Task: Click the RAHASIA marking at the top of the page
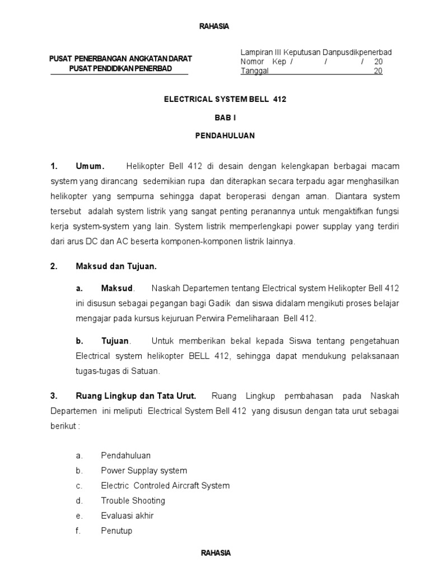click(214, 26)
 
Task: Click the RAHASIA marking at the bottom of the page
click(216, 553)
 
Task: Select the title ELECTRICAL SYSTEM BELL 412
click(225, 98)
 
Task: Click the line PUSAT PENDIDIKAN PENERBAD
click(120, 68)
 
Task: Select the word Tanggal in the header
click(255, 71)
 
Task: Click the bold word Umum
click(90, 167)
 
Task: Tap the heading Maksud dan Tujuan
click(116, 266)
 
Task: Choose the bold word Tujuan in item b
click(115, 341)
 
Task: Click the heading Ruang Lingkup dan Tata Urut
click(136, 396)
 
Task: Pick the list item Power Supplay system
click(144, 471)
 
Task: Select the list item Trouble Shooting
click(133, 500)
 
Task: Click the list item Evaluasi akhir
click(127, 515)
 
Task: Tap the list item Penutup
click(116, 530)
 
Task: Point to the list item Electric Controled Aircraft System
click(165, 486)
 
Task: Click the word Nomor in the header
click(252, 62)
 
